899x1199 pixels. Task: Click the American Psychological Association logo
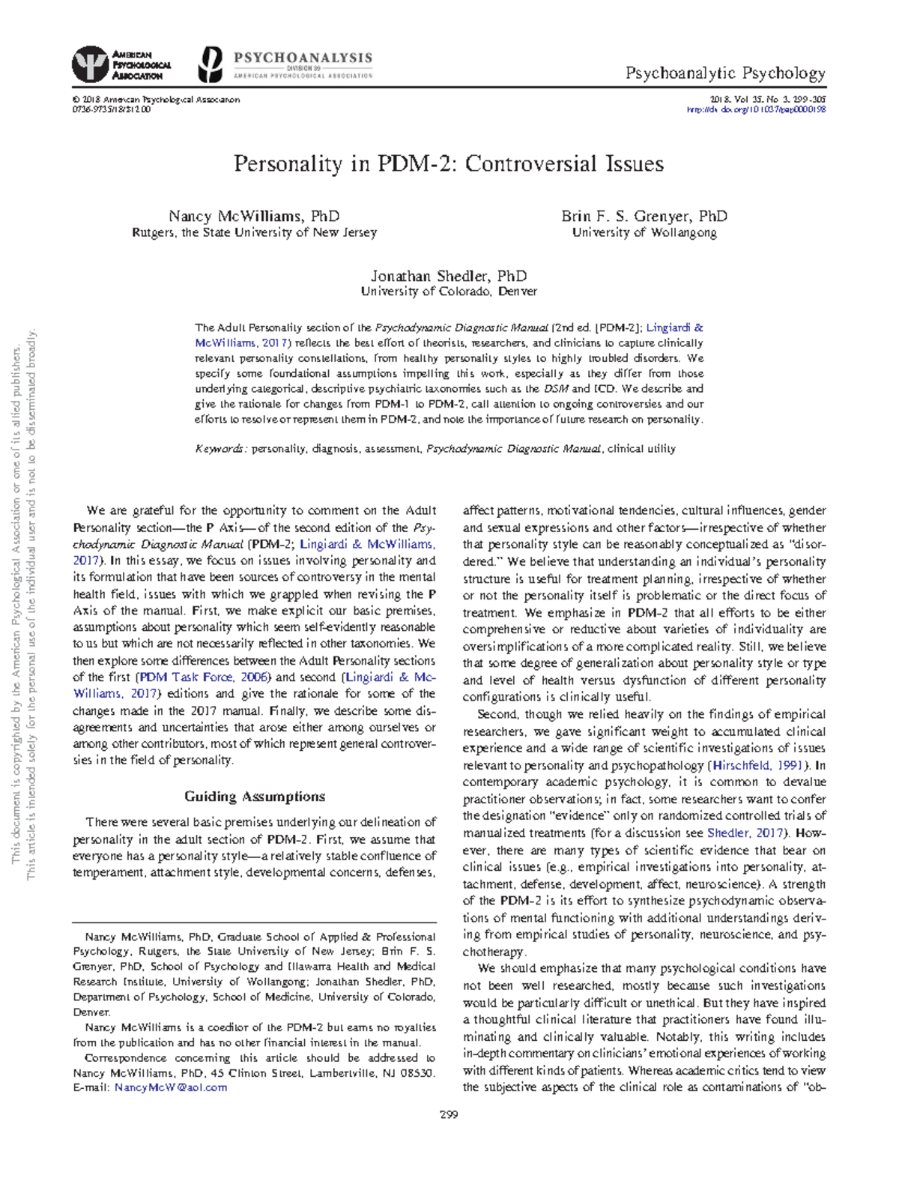click(x=122, y=64)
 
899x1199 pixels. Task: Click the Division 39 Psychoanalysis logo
click(x=285, y=65)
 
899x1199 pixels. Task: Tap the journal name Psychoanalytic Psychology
click(x=725, y=73)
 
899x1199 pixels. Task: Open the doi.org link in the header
click(x=756, y=109)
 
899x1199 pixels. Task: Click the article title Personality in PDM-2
click(x=449, y=164)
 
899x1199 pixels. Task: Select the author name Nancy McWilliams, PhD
click(x=254, y=217)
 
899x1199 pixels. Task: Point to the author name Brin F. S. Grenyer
click(x=644, y=217)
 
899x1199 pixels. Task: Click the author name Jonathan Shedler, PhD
click(x=449, y=276)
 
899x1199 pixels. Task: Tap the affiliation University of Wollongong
click(x=644, y=233)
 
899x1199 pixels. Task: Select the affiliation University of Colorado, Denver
click(x=449, y=292)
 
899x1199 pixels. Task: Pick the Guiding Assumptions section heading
click(x=255, y=797)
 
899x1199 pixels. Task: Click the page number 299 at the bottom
click(x=449, y=1114)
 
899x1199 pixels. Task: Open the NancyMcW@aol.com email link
click(x=171, y=1087)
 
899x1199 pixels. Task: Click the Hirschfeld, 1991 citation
click(x=758, y=765)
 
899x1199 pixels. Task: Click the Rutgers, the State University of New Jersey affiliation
click(x=254, y=233)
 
